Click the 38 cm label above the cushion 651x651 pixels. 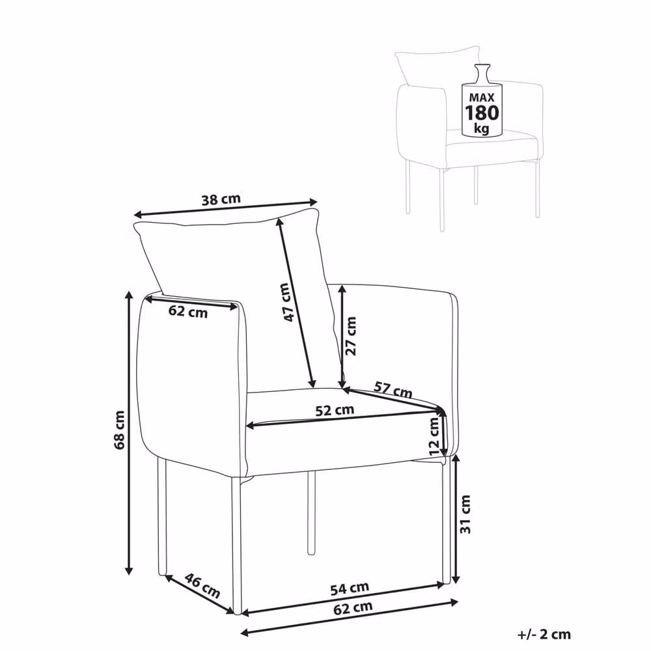(221, 199)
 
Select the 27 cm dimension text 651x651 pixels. (350, 335)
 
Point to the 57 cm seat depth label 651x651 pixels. (393, 389)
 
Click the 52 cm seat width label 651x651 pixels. (335, 410)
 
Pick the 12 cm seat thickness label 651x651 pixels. (434, 436)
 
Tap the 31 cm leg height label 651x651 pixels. (466, 514)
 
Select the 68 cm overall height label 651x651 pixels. (119, 430)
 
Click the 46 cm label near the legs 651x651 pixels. (202, 585)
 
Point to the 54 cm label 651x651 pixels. (350, 588)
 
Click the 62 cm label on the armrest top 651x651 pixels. (188, 311)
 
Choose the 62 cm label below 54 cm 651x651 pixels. (353, 608)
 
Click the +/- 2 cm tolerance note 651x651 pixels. (544, 634)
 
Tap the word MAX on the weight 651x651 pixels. (482, 98)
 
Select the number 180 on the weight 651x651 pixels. (482, 113)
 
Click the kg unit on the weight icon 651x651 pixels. (482, 128)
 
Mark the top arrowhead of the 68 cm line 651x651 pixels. (129, 295)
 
